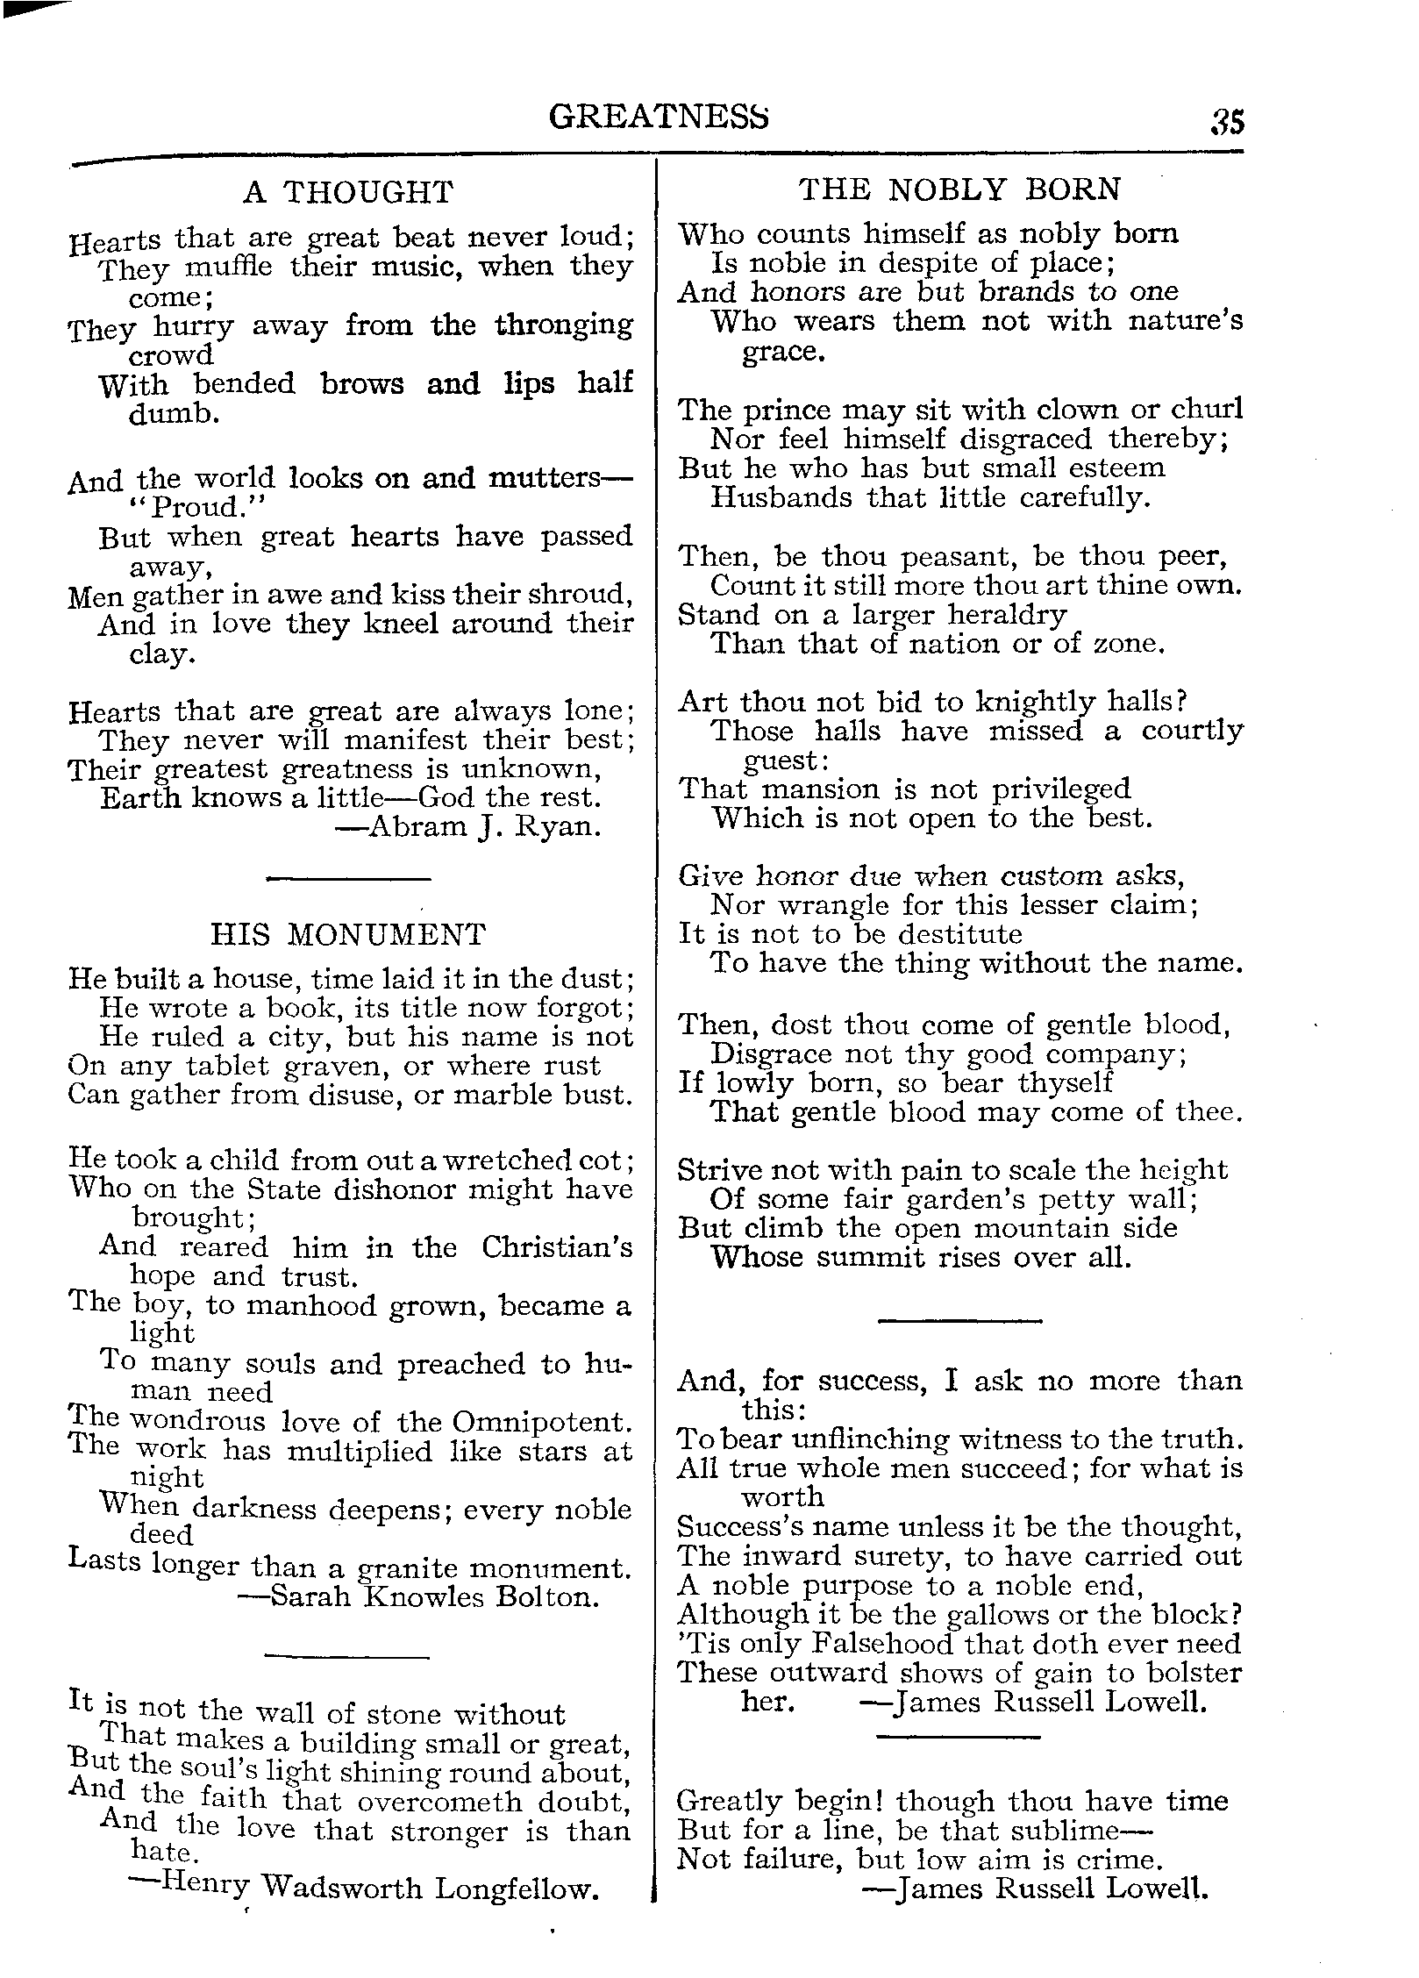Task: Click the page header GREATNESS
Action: pyautogui.click(x=659, y=118)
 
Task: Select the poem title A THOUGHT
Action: pyautogui.click(x=348, y=192)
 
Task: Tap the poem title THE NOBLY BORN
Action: pyautogui.click(x=960, y=189)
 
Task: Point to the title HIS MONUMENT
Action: pyautogui.click(x=348, y=935)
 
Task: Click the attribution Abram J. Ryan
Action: pyautogui.click(x=484, y=827)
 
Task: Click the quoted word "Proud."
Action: pyautogui.click(x=173, y=509)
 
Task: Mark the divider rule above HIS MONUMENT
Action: pyautogui.click(x=348, y=879)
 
